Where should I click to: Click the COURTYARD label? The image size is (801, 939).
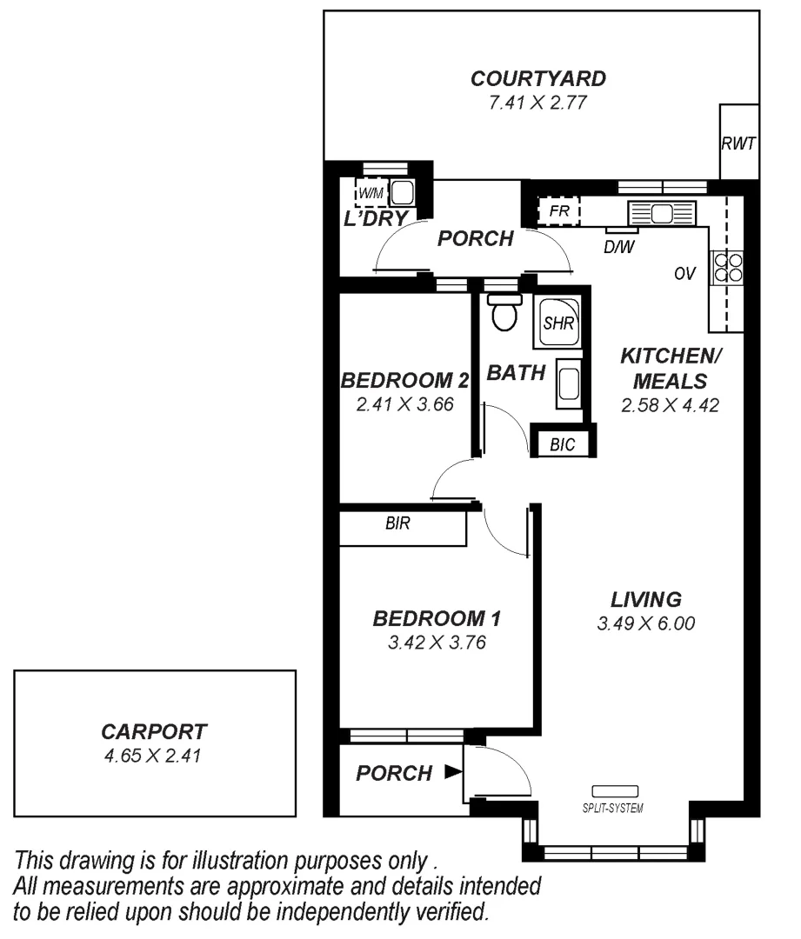point(537,79)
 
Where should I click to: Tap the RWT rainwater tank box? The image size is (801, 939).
point(738,143)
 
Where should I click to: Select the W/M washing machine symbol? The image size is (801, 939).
point(369,192)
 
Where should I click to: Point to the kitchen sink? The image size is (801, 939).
point(660,212)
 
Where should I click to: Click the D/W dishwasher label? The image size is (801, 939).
point(618,247)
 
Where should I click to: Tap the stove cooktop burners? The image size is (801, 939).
point(727,267)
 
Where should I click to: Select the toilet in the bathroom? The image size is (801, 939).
point(504,314)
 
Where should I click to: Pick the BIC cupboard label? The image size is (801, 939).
point(563,443)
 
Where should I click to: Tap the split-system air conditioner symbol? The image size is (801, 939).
point(616,791)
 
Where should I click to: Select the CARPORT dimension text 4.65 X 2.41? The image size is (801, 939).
point(153,756)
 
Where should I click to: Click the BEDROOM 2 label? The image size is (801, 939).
point(404,381)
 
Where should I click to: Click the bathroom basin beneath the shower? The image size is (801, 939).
point(569,383)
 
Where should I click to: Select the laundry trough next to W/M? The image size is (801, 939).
point(401,192)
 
